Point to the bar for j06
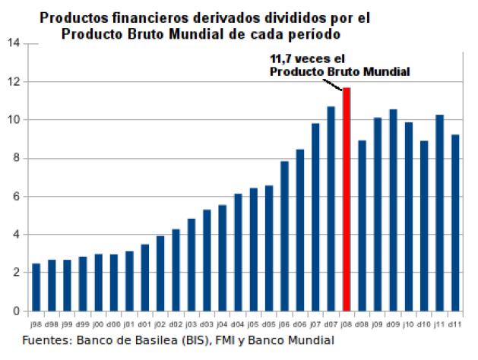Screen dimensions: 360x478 pyautogui.click(x=284, y=235)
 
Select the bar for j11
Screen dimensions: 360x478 pyautogui.click(x=439, y=213)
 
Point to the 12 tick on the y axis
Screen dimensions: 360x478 pyautogui.click(x=14, y=81)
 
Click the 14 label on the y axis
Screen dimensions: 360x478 pyautogui.click(x=14, y=43)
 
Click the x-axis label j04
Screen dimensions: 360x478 pyautogui.click(x=222, y=324)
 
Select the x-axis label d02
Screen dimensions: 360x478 pyautogui.click(x=176, y=324)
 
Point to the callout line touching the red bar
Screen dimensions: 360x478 pyautogui.click(x=340, y=82)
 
